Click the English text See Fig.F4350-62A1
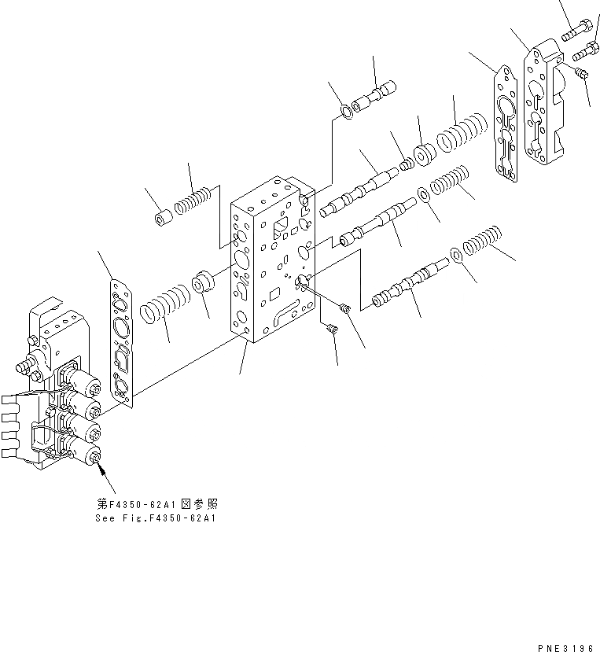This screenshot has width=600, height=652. coord(155,518)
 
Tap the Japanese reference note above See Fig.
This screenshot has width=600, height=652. coord(155,503)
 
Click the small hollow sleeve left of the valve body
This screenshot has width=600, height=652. coord(164,217)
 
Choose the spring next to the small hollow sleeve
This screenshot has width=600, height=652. coord(193,204)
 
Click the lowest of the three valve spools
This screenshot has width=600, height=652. coord(409,282)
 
